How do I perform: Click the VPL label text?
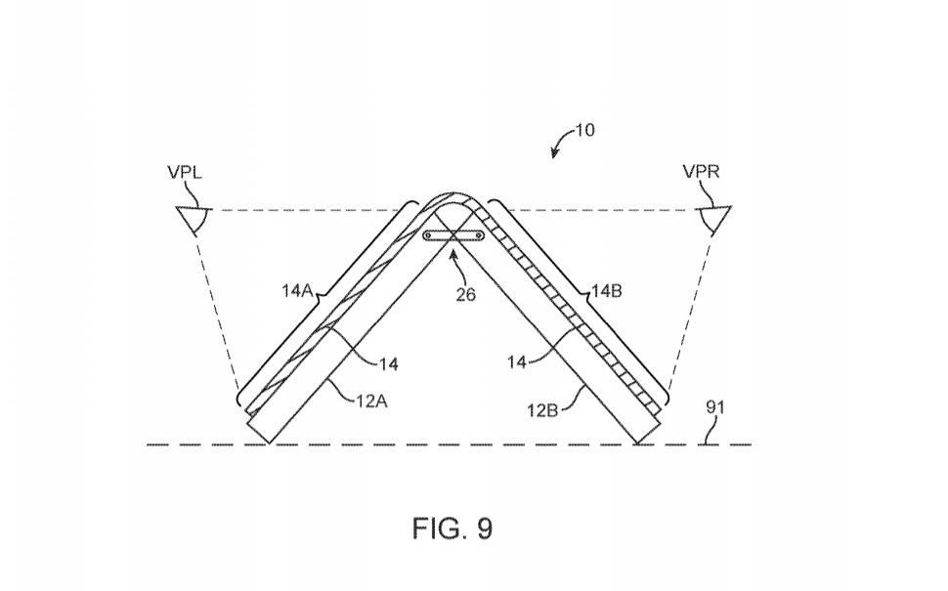pos(185,172)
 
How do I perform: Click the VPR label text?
pos(702,172)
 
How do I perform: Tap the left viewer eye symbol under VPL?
pos(194,220)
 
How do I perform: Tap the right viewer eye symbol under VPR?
pos(714,220)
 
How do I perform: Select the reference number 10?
pos(584,130)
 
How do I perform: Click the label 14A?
pos(296,291)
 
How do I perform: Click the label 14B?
pos(606,291)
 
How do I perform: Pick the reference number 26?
pos(465,295)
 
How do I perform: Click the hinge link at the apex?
pos(453,235)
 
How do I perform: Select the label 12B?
pos(542,410)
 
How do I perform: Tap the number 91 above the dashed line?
pos(715,407)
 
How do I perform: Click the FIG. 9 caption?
pos(452,528)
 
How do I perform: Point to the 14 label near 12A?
pos(389,363)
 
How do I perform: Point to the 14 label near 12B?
pos(517,362)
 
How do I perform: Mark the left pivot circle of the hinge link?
pos(428,235)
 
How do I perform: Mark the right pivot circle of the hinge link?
pos(479,235)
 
